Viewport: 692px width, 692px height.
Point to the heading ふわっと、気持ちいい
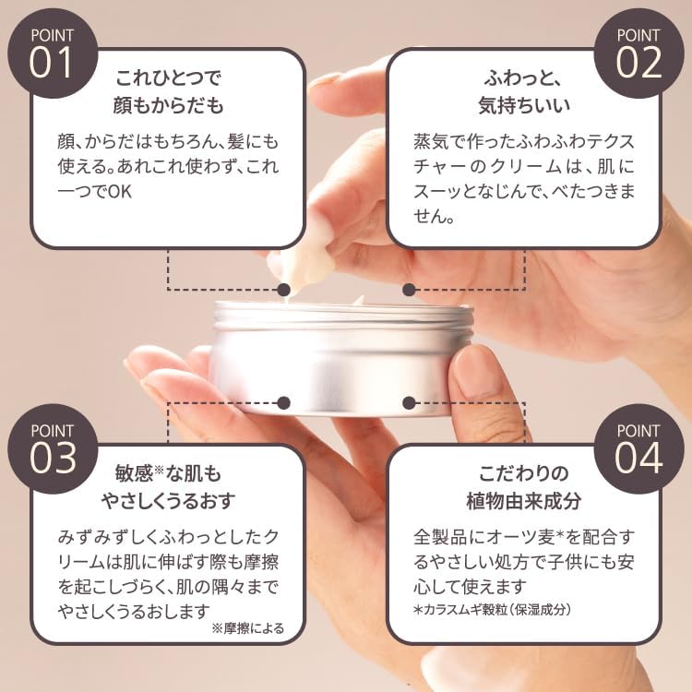(524, 90)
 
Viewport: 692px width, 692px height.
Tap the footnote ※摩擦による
(248, 629)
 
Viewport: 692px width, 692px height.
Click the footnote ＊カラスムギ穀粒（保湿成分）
(493, 609)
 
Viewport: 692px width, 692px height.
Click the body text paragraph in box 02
(524, 181)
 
